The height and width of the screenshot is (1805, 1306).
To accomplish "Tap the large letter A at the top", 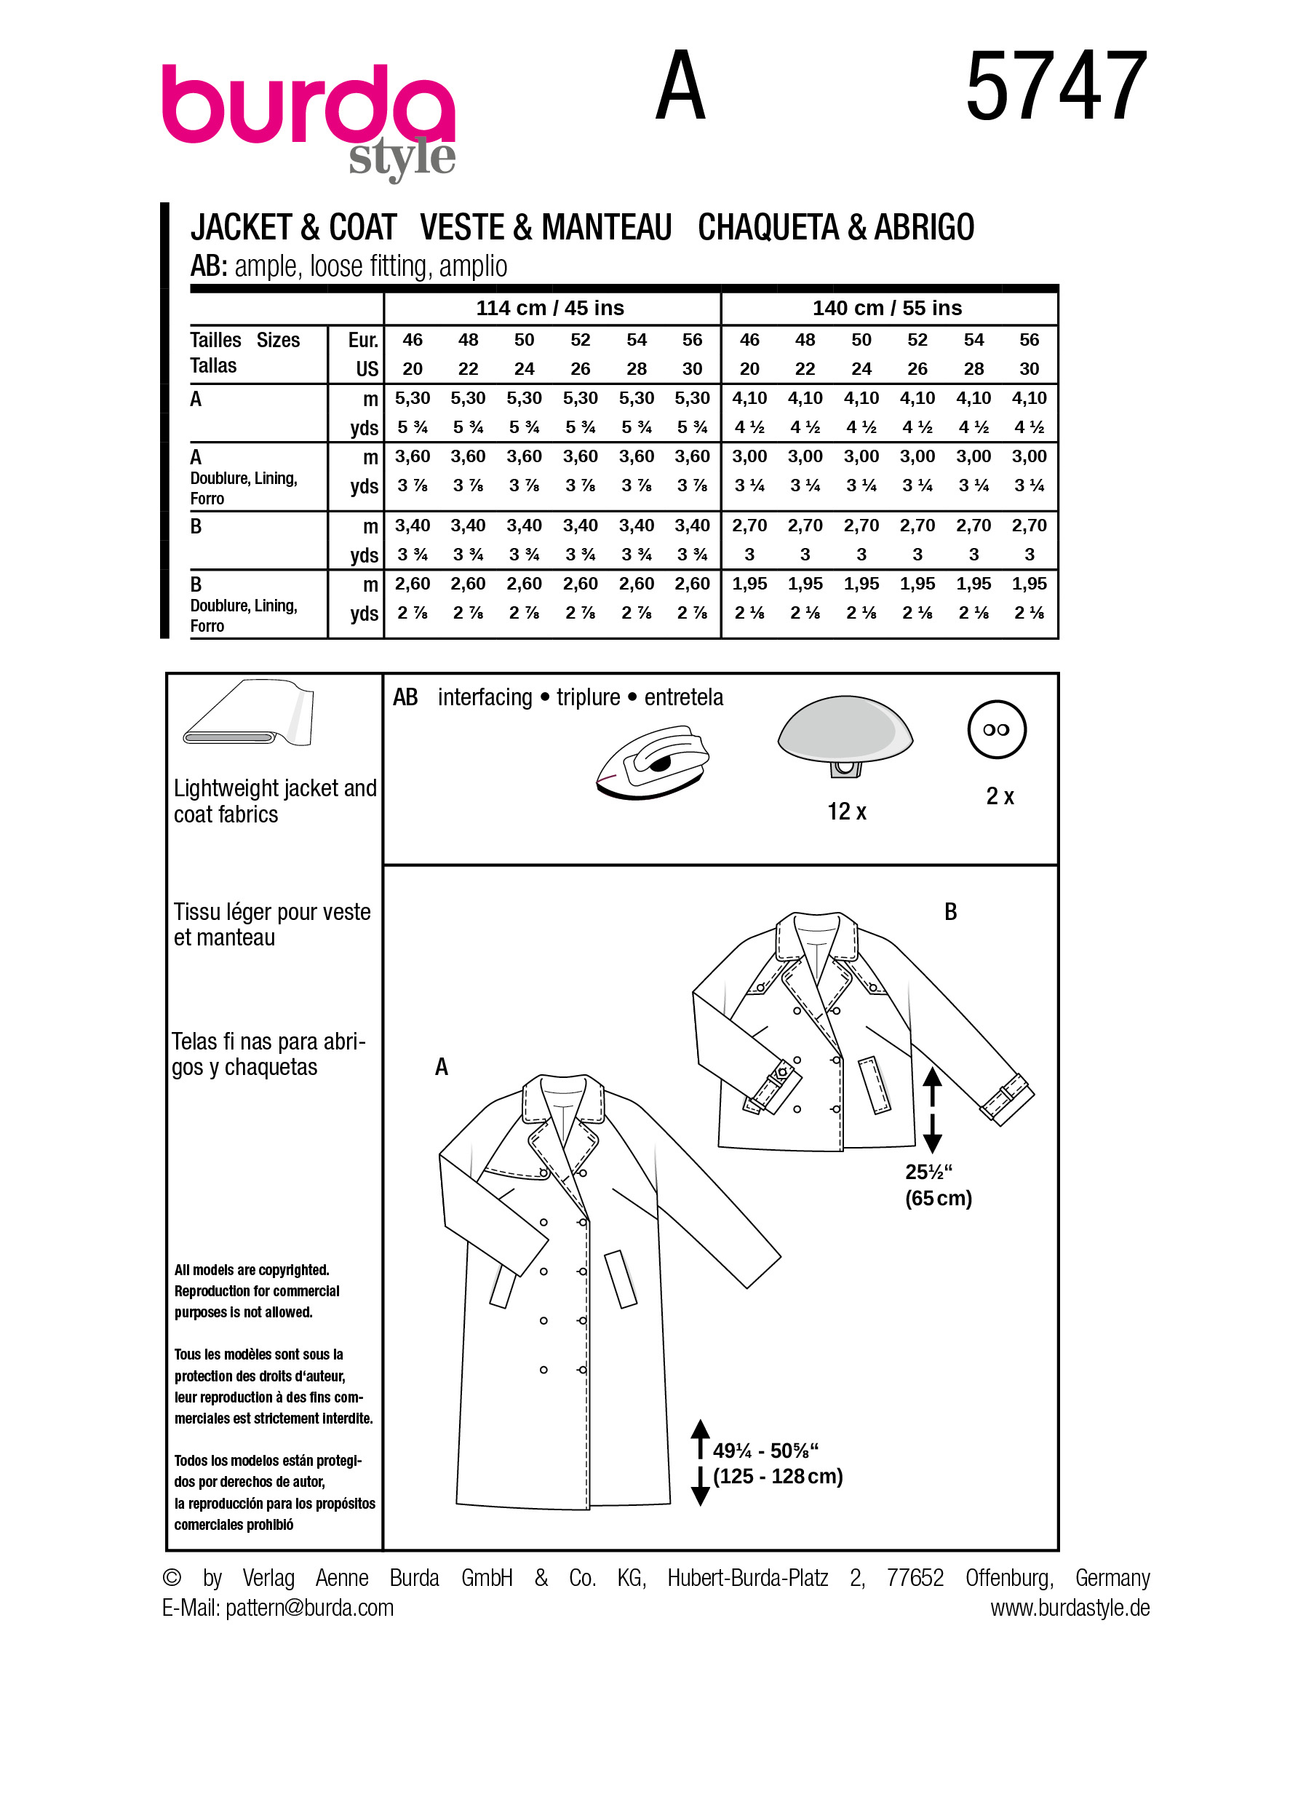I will click(680, 86).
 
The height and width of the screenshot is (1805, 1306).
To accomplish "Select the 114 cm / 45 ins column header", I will click(549, 308).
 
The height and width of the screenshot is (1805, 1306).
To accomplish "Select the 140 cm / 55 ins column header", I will click(887, 308).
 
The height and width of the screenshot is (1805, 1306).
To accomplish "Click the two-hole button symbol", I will click(997, 730).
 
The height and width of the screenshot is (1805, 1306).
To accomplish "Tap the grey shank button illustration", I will click(845, 732).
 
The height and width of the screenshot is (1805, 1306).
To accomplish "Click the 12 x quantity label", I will click(846, 812).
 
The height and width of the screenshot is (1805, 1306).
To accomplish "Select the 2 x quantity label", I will click(1000, 797).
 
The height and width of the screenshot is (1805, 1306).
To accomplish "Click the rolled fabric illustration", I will click(248, 713).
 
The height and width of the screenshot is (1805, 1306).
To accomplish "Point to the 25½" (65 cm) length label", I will click(938, 1185).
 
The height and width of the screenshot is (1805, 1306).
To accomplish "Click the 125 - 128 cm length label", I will click(777, 1477).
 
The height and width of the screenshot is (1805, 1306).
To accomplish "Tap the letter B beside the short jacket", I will click(950, 912).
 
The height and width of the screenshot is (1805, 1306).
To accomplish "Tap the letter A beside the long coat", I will click(442, 1067).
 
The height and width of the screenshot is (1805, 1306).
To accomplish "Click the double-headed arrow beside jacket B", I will click(932, 1110).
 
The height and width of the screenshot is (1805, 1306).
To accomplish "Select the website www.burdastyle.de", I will click(1069, 1608).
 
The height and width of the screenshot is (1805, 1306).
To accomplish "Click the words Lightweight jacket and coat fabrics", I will click(274, 801).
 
